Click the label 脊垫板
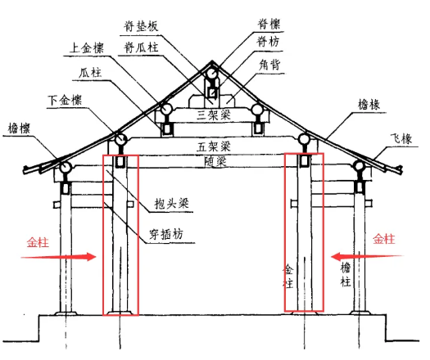pyautogui.click(x=141, y=26)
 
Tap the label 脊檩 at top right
pyautogui.click(x=269, y=24)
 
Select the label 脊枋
pyautogui.click(x=268, y=42)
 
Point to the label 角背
pyautogui.click(x=269, y=65)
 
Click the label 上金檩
pyautogui.click(x=87, y=47)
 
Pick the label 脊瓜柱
pyautogui.click(x=141, y=47)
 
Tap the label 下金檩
pyautogui.click(x=65, y=101)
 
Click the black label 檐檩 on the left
pyautogui.click(x=19, y=128)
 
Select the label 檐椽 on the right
pyautogui.click(x=369, y=105)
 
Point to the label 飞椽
pyautogui.click(x=401, y=138)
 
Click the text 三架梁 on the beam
pyautogui.click(x=214, y=115)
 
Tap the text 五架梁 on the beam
pyautogui.click(x=214, y=146)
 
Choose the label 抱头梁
pyautogui.click(x=172, y=204)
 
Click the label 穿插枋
pyautogui.click(x=166, y=235)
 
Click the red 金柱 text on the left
pyautogui.click(x=38, y=243)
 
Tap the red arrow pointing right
pyautogui.click(x=58, y=257)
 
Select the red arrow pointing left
pyautogui.click(x=368, y=257)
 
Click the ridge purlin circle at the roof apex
pyautogui.click(x=212, y=74)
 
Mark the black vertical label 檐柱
pyautogui.click(x=346, y=275)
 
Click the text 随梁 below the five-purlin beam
pyautogui.click(x=215, y=161)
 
